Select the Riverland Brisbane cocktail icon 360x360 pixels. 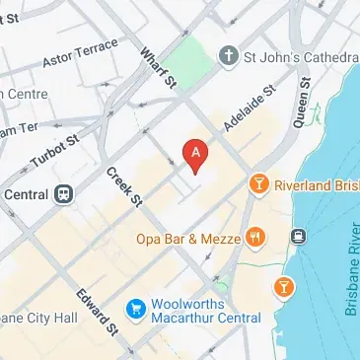coord(258,183)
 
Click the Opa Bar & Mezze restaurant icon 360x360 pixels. coord(255,237)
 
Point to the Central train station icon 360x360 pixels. coord(64,193)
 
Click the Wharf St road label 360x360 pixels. coord(157,68)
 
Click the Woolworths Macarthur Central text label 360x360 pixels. coord(207,312)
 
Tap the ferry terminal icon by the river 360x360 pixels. coord(297,237)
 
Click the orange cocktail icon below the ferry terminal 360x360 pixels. coord(283,286)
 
